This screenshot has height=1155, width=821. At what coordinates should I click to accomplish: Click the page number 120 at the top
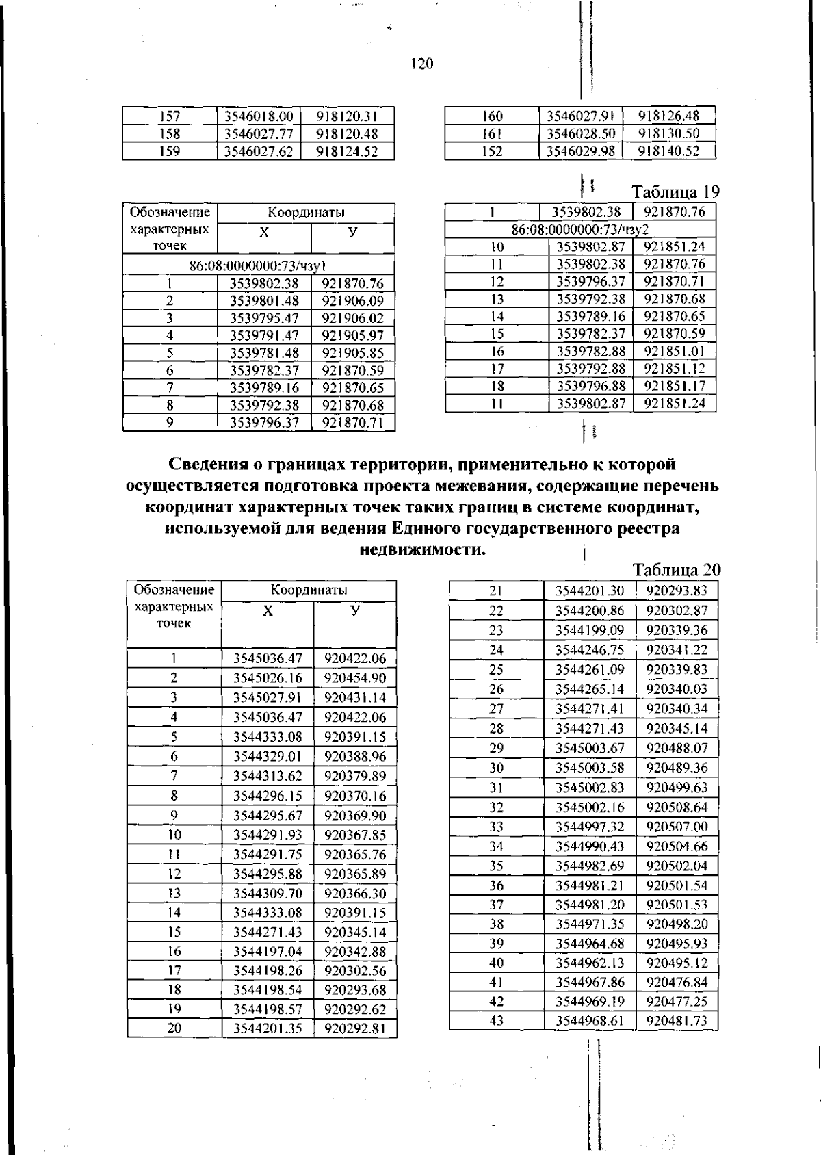[421, 64]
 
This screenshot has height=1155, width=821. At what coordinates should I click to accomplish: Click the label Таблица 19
[675, 192]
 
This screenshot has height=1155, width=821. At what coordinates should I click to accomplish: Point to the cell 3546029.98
[581, 151]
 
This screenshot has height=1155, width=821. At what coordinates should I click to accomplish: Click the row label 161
[492, 133]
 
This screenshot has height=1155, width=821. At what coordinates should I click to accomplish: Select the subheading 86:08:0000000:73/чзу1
[258, 265]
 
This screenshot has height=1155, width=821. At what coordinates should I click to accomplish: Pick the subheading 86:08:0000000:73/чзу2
[580, 230]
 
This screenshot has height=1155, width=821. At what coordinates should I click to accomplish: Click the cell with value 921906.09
[353, 301]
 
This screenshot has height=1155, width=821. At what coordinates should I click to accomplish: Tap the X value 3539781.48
[264, 353]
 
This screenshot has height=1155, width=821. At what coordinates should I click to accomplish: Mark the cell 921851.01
[675, 351]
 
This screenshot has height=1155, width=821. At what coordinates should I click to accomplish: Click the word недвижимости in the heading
[423, 550]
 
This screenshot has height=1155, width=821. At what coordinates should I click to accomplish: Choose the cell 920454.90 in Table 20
[355, 678]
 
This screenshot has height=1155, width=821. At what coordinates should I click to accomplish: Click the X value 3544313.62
[268, 776]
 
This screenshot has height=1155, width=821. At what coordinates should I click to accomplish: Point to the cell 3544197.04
[268, 952]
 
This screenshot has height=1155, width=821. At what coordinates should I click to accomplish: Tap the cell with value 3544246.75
[590, 650]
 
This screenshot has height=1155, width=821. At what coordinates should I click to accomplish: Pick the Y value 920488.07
[677, 748]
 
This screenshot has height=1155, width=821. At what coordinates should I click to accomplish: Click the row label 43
[497, 1021]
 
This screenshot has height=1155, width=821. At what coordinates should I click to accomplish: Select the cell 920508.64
[677, 807]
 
